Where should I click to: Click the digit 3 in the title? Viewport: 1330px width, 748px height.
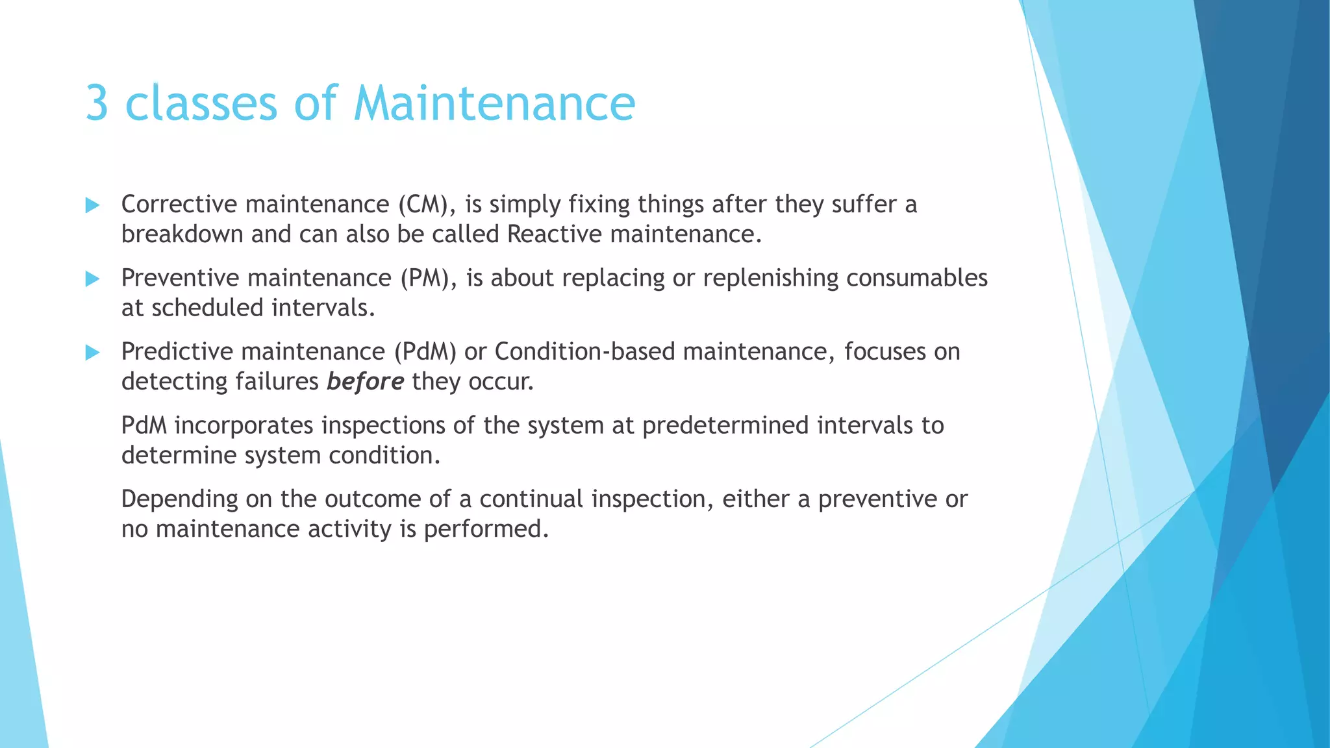click(97, 104)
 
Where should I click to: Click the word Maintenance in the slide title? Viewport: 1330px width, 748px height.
click(494, 104)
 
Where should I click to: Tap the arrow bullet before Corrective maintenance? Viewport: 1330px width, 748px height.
click(92, 206)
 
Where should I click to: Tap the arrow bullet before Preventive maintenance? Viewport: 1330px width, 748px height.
click(92, 279)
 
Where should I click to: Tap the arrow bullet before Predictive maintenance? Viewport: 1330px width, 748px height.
click(92, 353)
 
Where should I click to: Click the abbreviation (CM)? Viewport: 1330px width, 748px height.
click(423, 205)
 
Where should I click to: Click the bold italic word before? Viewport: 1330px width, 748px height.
click(365, 381)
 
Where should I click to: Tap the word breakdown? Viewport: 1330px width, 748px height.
click(182, 234)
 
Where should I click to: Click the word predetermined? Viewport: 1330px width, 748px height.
click(725, 425)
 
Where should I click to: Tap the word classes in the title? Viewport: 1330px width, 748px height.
click(201, 104)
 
